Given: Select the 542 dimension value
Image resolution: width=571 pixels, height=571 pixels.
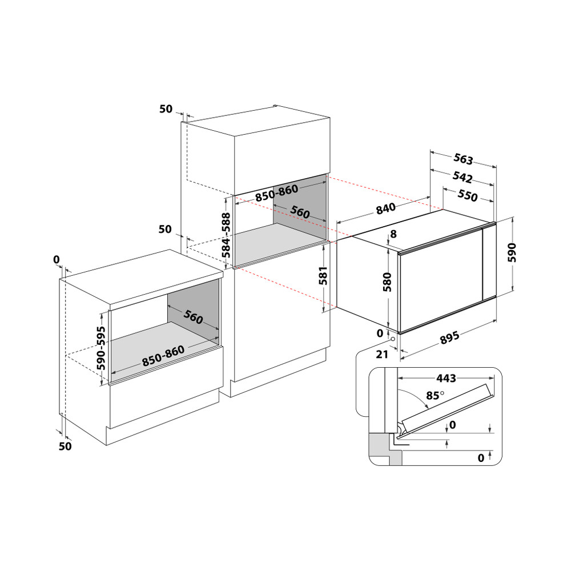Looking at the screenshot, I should tap(463, 178).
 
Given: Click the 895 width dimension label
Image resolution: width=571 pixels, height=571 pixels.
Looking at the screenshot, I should tap(449, 339).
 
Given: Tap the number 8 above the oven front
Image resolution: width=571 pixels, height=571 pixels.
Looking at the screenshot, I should tap(392, 234).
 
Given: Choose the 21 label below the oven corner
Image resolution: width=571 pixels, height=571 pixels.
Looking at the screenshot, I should tap(382, 354).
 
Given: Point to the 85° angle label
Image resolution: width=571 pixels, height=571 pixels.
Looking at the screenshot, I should tap(435, 395).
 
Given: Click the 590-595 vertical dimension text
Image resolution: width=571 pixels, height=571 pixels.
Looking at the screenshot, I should tap(101, 348).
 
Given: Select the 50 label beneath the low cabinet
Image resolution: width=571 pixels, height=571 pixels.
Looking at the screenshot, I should tap(66, 446).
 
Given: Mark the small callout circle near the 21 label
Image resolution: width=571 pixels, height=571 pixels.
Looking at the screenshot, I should tap(393, 341).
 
